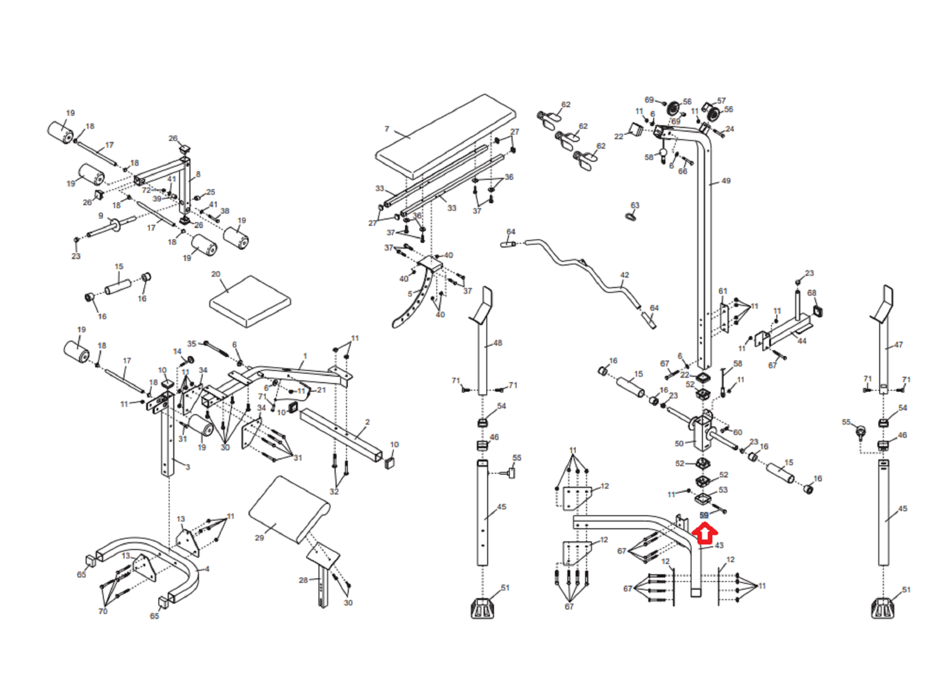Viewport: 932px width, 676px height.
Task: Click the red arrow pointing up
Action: pyautogui.click(x=704, y=535)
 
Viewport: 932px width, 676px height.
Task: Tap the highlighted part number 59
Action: pyautogui.click(x=704, y=515)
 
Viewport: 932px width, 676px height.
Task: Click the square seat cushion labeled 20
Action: pyautogui.click(x=250, y=301)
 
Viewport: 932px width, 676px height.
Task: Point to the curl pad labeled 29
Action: pyautogui.click(x=289, y=510)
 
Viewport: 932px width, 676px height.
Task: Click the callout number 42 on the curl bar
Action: pyautogui.click(x=624, y=275)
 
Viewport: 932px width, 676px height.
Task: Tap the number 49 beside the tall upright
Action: pyautogui.click(x=726, y=181)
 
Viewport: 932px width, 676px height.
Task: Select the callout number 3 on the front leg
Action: pyautogui.click(x=188, y=467)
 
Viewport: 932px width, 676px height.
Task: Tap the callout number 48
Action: pyautogui.click(x=497, y=343)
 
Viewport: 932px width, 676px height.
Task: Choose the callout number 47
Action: pyautogui.click(x=899, y=345)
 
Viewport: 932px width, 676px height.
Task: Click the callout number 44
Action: pyautogui.click(x=802, y=341)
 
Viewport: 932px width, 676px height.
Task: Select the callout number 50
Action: pyautogui.click(x=679, y=444)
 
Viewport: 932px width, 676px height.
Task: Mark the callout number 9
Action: pyautogui.click(x=101, y=216)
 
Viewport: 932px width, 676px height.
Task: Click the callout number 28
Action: pyautogui.click(x=303, y=581)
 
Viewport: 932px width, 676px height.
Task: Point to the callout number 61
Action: pyautogui.click(x=723, y=291)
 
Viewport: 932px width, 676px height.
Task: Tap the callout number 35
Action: pyautogui.click(x=192, y=344)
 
